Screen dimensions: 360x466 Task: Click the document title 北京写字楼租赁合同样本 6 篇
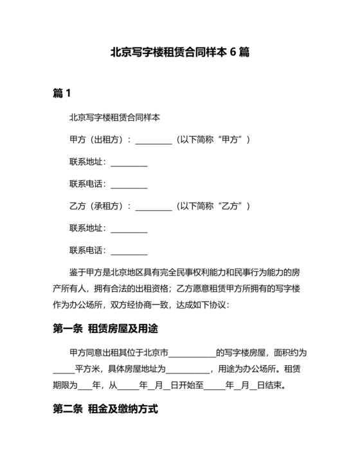180,53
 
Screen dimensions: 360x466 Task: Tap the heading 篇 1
62,94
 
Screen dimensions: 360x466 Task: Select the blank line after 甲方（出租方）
154,140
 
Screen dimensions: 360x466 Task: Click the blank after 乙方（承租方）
154,207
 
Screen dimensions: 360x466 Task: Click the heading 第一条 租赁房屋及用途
105,328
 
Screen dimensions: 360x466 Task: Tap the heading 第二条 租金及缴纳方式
105,409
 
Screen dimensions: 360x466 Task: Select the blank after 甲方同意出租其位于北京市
192,354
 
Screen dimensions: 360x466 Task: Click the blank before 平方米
63,370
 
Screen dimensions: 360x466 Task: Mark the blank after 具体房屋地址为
188,370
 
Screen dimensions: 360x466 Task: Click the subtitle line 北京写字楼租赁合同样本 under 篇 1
114,118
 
